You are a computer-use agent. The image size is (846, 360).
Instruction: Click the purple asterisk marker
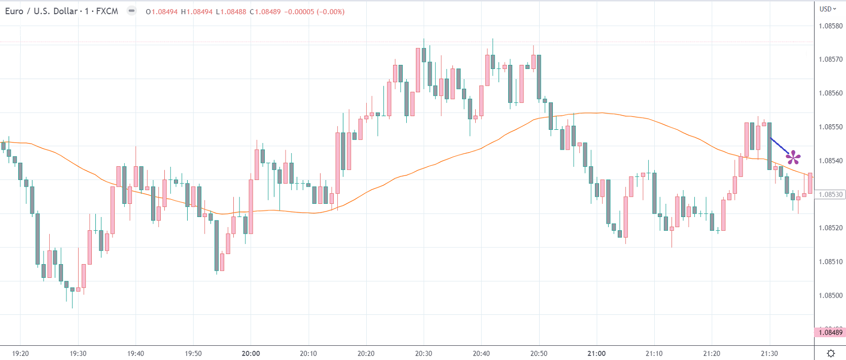tap(793, 158)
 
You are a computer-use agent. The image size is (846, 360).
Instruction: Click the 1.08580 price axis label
tap(831, 26)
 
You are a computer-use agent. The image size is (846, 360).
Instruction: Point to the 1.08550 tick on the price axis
tap(831, 127)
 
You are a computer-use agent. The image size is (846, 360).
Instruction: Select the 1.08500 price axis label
tap(831, 295)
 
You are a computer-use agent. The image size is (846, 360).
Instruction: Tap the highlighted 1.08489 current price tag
tap(830, 332)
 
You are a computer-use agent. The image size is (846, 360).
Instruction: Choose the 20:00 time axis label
tap(251, 353)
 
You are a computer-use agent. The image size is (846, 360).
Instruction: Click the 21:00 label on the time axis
tap(596, 353)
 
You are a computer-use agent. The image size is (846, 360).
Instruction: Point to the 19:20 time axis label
tap(20, 353)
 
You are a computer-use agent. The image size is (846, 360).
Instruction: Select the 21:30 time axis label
tap(769, 353)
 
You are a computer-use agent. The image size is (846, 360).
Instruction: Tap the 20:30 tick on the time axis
tap(424, 353)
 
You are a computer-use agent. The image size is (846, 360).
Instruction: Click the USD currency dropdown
tap(828, 9)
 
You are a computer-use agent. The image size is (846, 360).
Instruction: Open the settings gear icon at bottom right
tap(831, 353)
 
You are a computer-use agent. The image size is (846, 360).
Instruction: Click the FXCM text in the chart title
tap(107, 11)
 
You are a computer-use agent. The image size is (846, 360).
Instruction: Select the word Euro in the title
tap(14, 11)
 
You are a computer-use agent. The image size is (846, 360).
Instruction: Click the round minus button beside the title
tap(131, 11)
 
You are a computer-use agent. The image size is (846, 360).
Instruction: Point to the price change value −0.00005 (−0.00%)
tap(315, 12)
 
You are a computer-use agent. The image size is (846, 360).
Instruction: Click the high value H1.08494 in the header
tap(197, 12)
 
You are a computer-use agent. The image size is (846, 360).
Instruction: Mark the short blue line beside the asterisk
tap(779, 145)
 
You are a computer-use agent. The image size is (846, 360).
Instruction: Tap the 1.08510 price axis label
tap(831, 262)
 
